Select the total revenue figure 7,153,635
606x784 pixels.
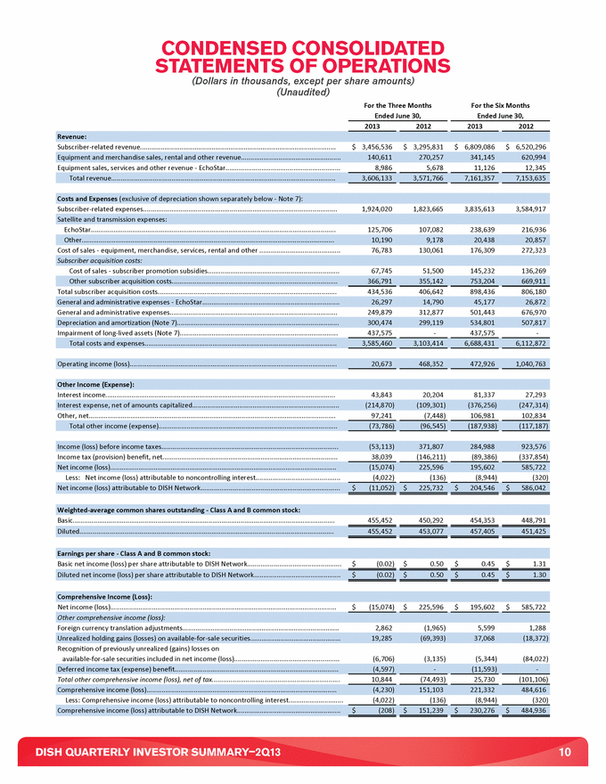526,178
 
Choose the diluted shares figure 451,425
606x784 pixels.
526,456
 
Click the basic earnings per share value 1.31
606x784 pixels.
536,487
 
